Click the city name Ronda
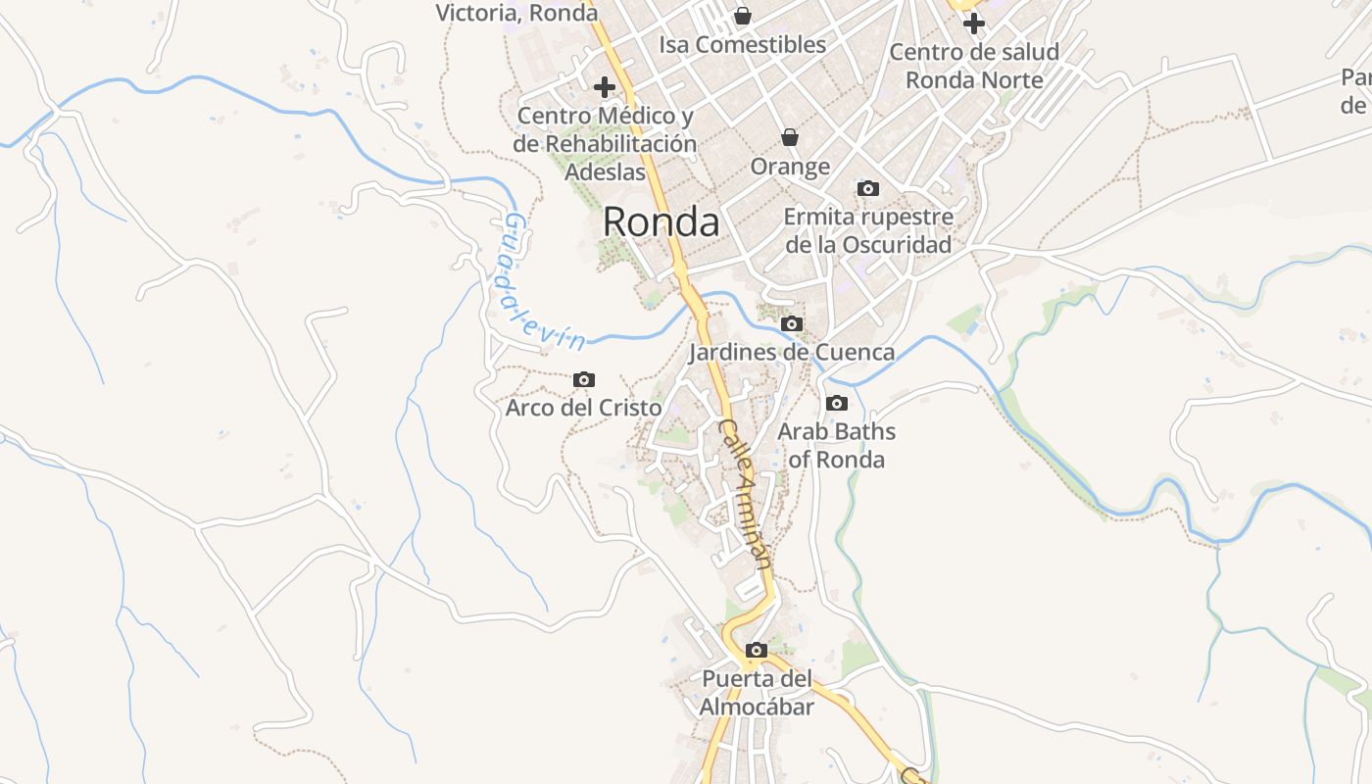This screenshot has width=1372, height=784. tap(661, 222)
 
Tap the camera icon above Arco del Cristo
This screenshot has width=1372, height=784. tap(584, 379)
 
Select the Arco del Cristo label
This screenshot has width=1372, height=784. tap(584, 407)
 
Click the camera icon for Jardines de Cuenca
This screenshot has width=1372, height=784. tap(792, 324)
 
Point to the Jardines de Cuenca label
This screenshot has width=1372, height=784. tap(792, 352)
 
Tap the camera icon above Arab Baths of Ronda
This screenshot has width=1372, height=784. tap(837, 403)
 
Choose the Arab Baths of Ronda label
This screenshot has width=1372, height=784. tap(837, 445)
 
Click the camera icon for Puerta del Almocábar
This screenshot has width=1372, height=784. tap(757, 650)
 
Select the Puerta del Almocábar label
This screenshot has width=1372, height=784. tap(757, 692)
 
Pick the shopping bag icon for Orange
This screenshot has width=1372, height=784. tap(790, 138)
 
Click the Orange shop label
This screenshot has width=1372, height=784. tap(790, 167)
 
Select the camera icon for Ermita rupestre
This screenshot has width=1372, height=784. tap(868, 188)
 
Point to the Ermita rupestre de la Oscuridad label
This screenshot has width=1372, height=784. tap(868, 230)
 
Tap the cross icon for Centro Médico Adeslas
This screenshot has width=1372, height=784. tap(605, 86)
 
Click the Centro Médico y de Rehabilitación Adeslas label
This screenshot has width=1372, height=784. tap(605, 143)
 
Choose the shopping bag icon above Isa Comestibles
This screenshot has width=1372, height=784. tap(743, 16)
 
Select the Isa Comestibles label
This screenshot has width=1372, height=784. tap(743, 45)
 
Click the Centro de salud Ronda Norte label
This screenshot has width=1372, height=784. tap(974, 66)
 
